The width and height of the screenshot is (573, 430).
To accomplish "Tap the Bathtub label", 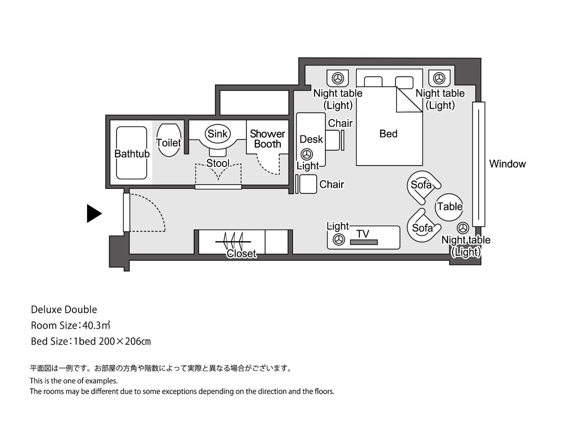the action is click(132, 154).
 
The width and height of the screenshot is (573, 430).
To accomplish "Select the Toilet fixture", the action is click(169, 140).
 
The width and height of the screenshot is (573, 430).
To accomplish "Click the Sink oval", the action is click(218, 134).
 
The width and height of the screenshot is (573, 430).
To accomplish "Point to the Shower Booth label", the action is click(267, 139).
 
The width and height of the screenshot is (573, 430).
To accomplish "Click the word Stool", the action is click(218, 163).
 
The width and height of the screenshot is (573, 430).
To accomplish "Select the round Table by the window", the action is click(449, 207).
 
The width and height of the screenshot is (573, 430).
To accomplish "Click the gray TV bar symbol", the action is click(364, 242).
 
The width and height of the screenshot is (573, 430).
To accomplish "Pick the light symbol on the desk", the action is click(307, 154).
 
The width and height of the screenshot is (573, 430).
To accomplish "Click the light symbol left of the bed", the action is click(338, 78).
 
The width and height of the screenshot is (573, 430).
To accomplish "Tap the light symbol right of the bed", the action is click(439, 78).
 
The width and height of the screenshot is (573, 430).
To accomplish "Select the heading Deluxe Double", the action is click(64, 310).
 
